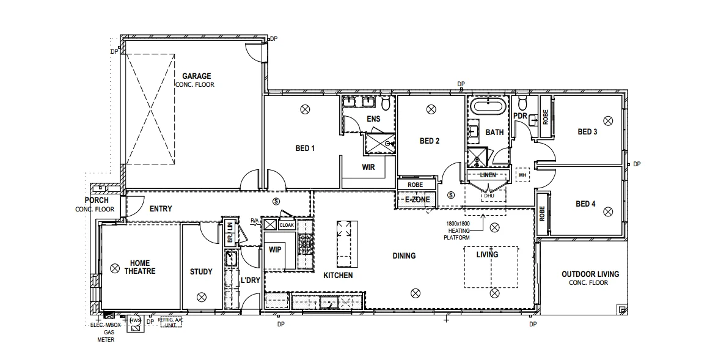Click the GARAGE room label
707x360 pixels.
point(196,76)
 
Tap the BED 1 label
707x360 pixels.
point(305,148)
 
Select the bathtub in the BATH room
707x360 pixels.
point(488,108)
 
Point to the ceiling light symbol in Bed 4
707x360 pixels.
point(607,211)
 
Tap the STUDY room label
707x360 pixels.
point(201,272)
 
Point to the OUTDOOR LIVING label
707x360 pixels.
point(590,274)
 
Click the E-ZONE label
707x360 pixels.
point(417,199)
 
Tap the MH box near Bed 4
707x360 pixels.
point(522,175)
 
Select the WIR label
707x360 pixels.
point(368,167)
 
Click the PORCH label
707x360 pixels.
point(97,200)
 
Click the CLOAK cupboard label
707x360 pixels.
point(287,225)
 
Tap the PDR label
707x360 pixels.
point(520,116)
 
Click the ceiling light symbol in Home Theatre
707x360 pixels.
point(114,268)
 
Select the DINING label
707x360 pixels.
point(404,255)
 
